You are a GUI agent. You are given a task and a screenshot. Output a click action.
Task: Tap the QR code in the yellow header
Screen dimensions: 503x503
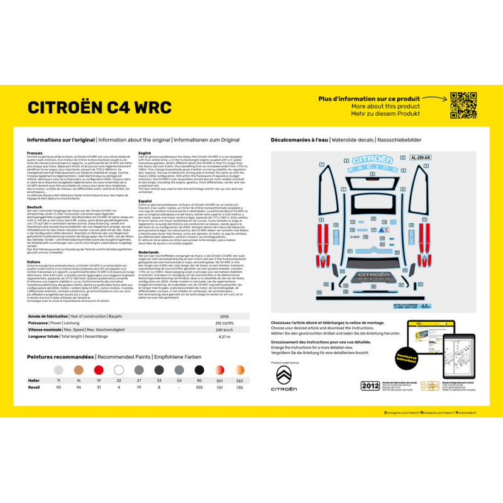[x=463, y=105]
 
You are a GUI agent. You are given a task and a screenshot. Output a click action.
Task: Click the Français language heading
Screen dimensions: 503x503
[x=35, y=153]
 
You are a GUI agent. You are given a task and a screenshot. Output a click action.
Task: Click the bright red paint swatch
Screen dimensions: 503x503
[x=99, y=370]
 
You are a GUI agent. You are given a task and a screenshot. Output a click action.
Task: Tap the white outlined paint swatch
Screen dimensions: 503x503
[x=119, y=370]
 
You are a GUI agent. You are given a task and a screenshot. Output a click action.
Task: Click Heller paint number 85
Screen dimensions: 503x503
[x=199, y=380]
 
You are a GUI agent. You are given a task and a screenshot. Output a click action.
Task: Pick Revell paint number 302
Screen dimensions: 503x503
[x=199, y=388]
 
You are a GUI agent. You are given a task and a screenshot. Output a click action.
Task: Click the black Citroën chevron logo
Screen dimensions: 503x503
[x=284, y=376]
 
